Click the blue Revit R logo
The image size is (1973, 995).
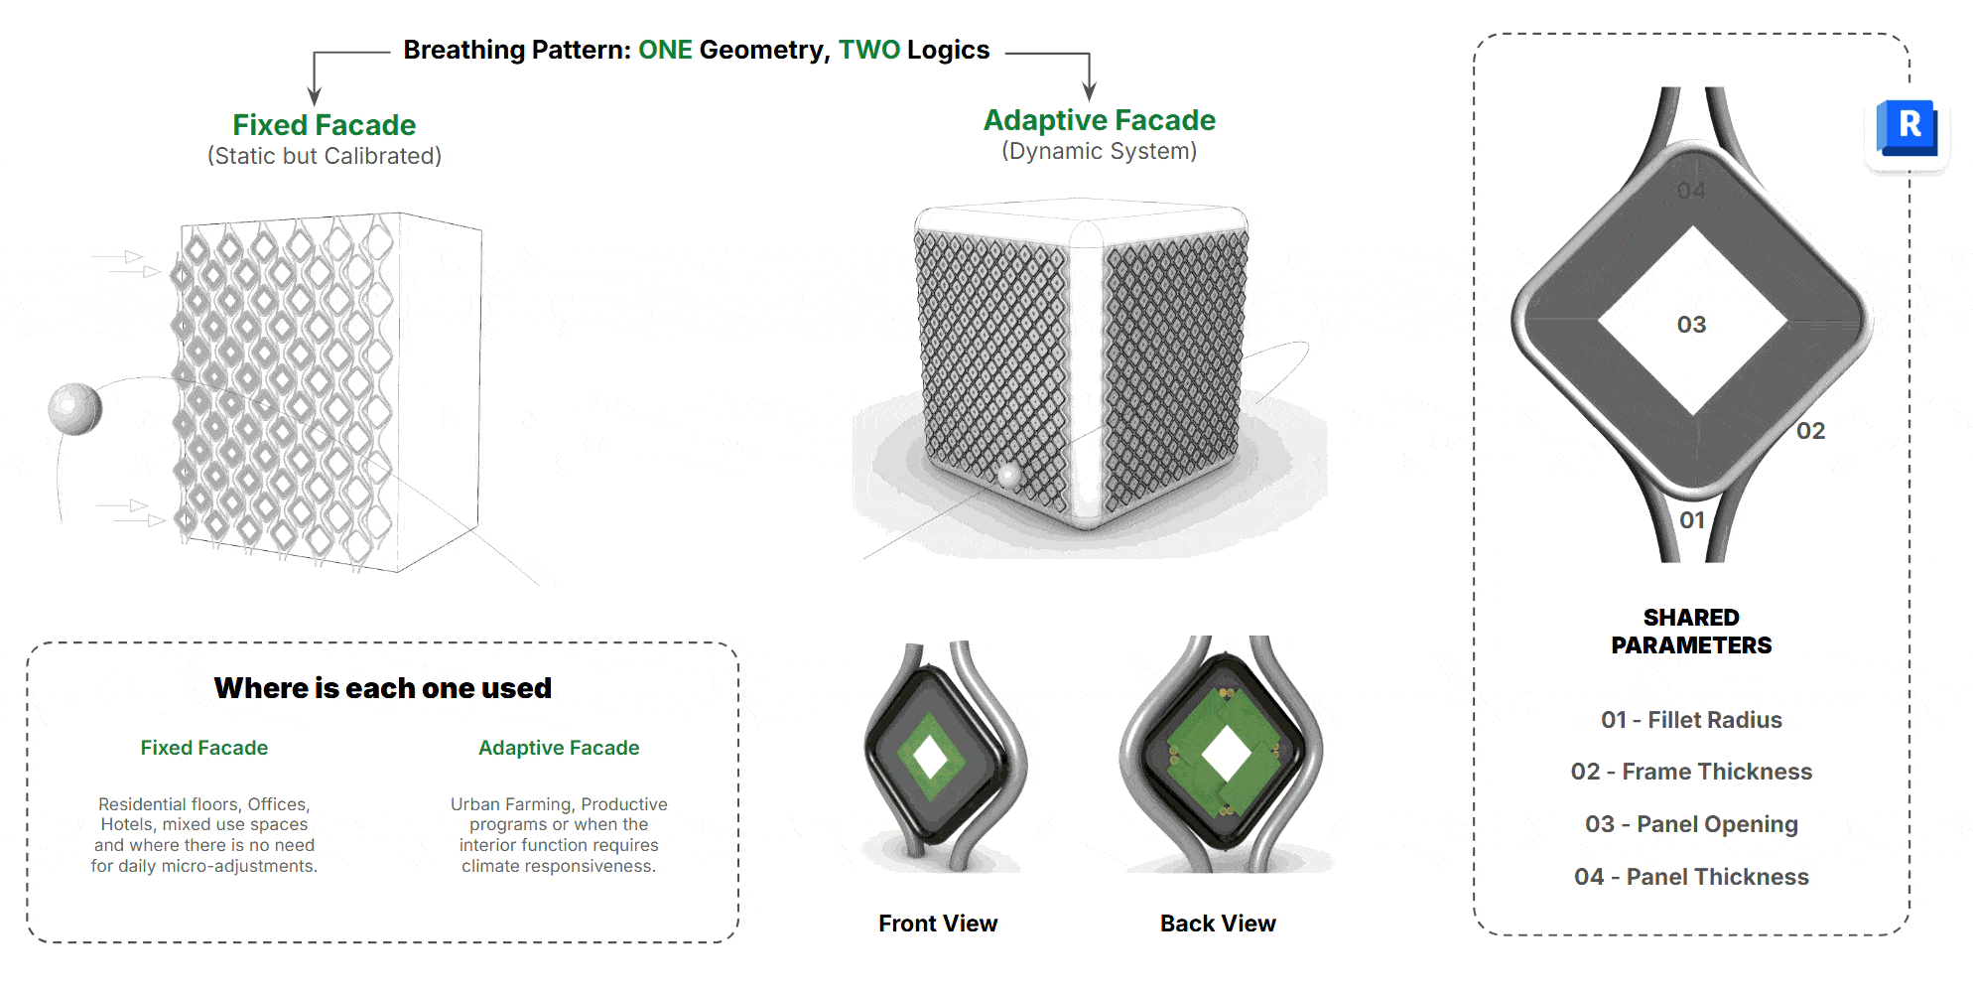(1907, 128)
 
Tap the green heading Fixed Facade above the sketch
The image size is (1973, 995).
(324, 125)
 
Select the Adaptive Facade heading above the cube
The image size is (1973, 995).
(1099, 120)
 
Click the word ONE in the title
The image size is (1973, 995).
(665, 50)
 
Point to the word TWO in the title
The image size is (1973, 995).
(868, 50)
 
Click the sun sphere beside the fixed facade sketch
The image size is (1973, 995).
(75, 408)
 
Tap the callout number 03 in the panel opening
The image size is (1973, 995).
(1691, 325)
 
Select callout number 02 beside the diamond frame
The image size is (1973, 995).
(1810, 431)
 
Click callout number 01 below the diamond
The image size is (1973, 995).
(1691, 520)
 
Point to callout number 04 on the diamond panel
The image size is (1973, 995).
(1691, 191)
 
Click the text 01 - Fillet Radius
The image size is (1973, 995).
(1691, 720)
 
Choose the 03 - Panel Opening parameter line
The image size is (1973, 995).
(1691, 824)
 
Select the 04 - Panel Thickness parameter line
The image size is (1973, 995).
(1691, 877)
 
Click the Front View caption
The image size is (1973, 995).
(938, 924)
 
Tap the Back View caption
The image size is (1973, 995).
(1218, 924)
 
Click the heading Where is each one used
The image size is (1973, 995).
(382, 688)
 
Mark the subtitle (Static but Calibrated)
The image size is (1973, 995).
(324, 156)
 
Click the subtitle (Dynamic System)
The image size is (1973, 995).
(1099, 151)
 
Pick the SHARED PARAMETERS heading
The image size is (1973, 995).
(1691, 632)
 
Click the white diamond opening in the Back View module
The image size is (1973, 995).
(1226, 755)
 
